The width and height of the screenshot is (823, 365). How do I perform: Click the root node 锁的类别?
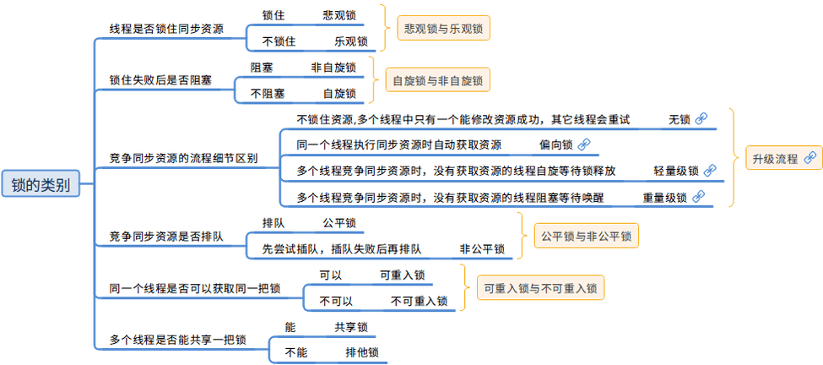point(41,183)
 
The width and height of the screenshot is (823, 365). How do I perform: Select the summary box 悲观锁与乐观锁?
point(443,28)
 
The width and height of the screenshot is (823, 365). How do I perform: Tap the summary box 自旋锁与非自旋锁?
point(437,80)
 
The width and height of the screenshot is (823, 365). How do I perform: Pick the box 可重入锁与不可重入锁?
point(540,287)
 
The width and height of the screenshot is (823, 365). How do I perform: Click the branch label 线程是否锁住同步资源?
point(166,29)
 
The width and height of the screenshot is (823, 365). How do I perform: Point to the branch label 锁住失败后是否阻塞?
point(160,80)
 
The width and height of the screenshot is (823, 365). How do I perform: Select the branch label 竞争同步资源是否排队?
point(166,236)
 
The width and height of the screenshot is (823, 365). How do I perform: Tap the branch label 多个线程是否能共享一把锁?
point(177,340)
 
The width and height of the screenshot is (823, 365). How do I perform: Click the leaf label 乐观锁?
point(350,41)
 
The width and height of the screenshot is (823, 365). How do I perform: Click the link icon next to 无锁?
point(700,119)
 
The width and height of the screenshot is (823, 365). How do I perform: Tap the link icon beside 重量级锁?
point(698,197)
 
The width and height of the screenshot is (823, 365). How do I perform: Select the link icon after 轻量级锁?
point(710,171)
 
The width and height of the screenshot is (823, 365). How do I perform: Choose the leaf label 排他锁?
point(361,352)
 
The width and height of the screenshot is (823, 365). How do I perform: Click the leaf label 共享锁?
point(350,327)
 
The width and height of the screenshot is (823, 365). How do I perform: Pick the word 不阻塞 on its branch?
point(268,93)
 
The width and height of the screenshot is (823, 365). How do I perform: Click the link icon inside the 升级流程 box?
point(809,157)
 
